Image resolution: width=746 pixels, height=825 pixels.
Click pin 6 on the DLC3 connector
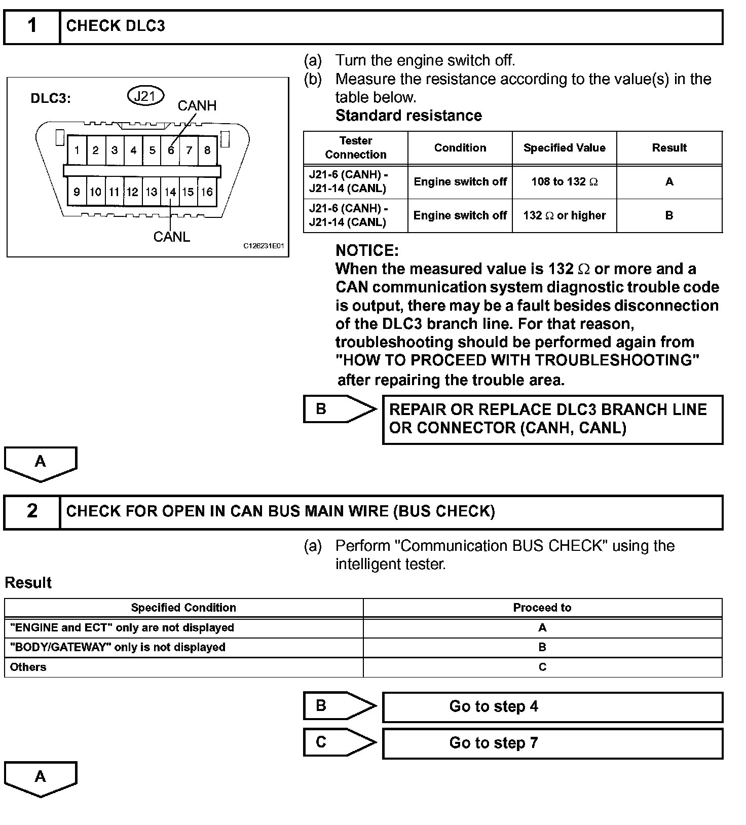[171, 150]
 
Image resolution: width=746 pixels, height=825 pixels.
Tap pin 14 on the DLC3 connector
[170, 192]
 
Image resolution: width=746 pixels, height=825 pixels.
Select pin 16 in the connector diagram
[207, 192]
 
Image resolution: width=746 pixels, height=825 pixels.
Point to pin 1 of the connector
[77, 150]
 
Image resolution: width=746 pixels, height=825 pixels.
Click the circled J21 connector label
[145, 96]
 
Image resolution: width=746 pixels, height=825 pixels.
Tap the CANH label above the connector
[197, 105]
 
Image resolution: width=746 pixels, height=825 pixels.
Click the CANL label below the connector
[172, 237]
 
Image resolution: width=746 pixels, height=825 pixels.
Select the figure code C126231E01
[264, 246]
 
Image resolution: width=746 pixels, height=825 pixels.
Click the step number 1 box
[32, 26]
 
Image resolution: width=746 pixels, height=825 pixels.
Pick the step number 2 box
[32, 511]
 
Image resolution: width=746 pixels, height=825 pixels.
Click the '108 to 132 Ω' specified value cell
[564, 181]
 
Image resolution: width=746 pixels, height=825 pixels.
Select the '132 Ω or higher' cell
[564, 215]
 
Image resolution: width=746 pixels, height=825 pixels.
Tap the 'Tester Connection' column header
[356, 147]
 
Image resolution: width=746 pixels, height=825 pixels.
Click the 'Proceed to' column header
[542, 608]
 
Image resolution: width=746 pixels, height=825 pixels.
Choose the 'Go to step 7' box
[552, 743]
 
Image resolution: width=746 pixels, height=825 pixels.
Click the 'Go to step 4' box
[552, 706]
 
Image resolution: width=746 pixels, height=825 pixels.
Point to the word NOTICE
[367, 250]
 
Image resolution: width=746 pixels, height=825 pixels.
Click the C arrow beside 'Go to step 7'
[339, 742]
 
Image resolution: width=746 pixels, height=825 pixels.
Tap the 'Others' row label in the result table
[28, 667]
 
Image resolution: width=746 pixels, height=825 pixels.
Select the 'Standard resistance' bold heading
[408, 116]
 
